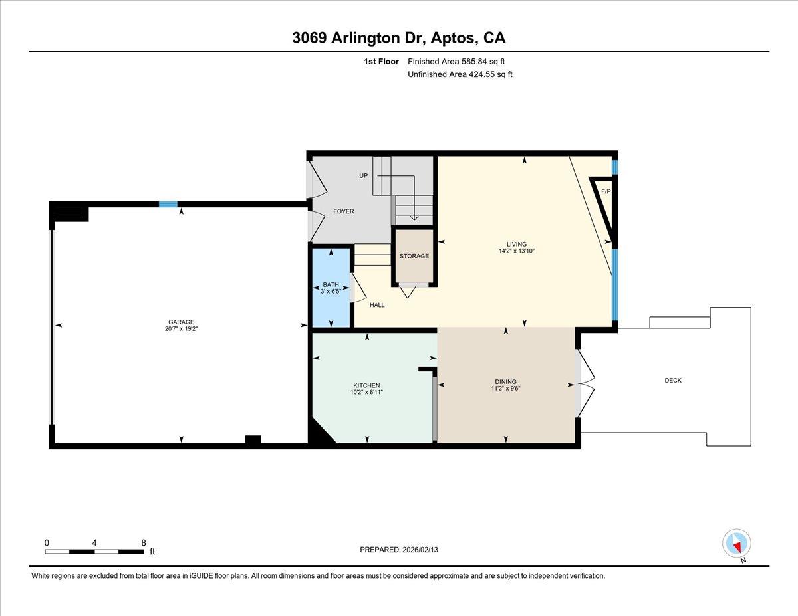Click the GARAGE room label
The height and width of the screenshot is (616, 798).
[x=181, y=322]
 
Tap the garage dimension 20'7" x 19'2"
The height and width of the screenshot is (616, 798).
[x=181, y=329]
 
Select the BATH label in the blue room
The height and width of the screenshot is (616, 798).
[x=331, y=285]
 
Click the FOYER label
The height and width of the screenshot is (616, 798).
[x=343, y=211]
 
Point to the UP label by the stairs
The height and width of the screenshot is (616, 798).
[x=363, y=175]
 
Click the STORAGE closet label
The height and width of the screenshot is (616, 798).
[x=414, y=256]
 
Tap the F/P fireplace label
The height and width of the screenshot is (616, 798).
[x=605, y=191]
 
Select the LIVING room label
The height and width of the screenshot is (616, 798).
[x=517, y=244]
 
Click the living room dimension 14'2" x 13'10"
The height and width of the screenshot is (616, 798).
[x=517, y=251]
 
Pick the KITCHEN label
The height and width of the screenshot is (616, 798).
[x=366, y=385]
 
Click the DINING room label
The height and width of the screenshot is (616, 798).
[x=505, y=381]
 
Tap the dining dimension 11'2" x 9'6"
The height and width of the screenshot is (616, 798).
[x=505, y=389]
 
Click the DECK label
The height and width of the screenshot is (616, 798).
[x=673, y=381]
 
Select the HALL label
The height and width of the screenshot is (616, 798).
[x=377, y=305]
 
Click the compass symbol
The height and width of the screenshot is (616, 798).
[x=736, y=543]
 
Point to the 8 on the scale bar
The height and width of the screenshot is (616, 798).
[x=144, y=542]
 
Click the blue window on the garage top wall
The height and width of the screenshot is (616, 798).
[x=168, y=205]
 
